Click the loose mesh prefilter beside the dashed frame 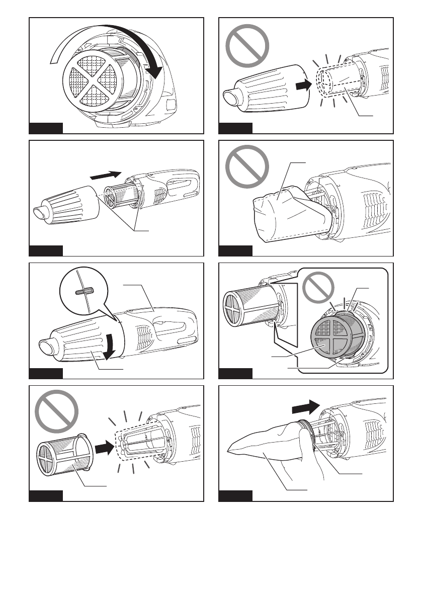[60, 455]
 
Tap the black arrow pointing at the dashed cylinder [301, 87]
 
